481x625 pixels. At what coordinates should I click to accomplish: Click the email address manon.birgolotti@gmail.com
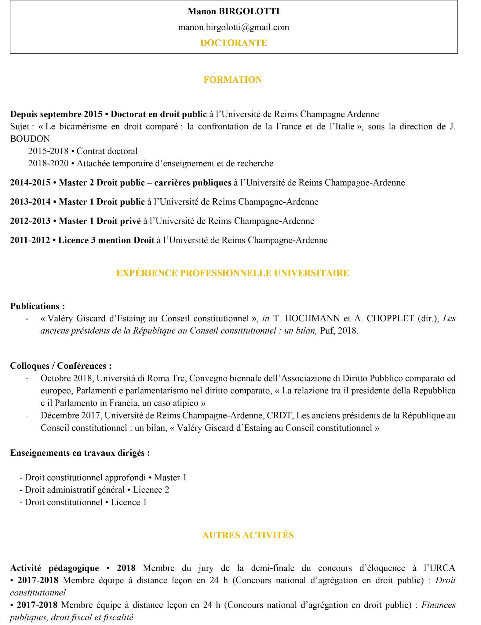click(234, 27)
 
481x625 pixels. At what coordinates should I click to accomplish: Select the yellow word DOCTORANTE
click(234, 43)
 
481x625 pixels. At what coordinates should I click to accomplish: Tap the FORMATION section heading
click(233, 80)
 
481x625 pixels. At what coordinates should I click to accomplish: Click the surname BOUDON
click(30, 139)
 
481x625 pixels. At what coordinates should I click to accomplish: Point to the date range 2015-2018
click(48, 151)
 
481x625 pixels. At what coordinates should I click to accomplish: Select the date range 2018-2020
click(48, 164)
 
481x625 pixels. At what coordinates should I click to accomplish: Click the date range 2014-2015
click(30, 183)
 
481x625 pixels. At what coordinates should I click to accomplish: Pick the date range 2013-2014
click(30, 202)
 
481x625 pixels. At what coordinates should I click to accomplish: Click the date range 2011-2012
click(30, 240)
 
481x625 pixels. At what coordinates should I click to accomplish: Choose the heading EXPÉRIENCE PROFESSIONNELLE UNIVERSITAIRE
click(233, 273)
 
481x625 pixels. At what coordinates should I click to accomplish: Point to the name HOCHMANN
click(312, 319)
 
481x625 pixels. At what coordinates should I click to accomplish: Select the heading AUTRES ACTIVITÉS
click(248, 535)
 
